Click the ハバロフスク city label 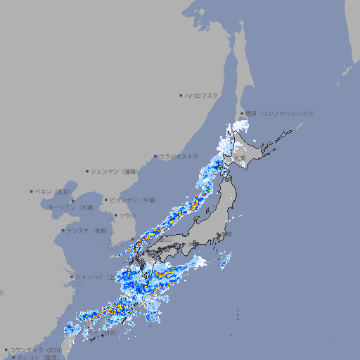[x=202, y=96]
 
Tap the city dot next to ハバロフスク [x=181, y=96]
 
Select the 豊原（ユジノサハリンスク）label [x=280, y=113]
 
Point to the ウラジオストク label [x=179, y=156]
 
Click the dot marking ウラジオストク [x=155, y=156]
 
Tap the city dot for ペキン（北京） [x=32, y=191]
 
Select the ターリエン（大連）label [x=70, y=207]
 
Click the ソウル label [x=127, y=216]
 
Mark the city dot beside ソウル [x=115, y=216]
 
